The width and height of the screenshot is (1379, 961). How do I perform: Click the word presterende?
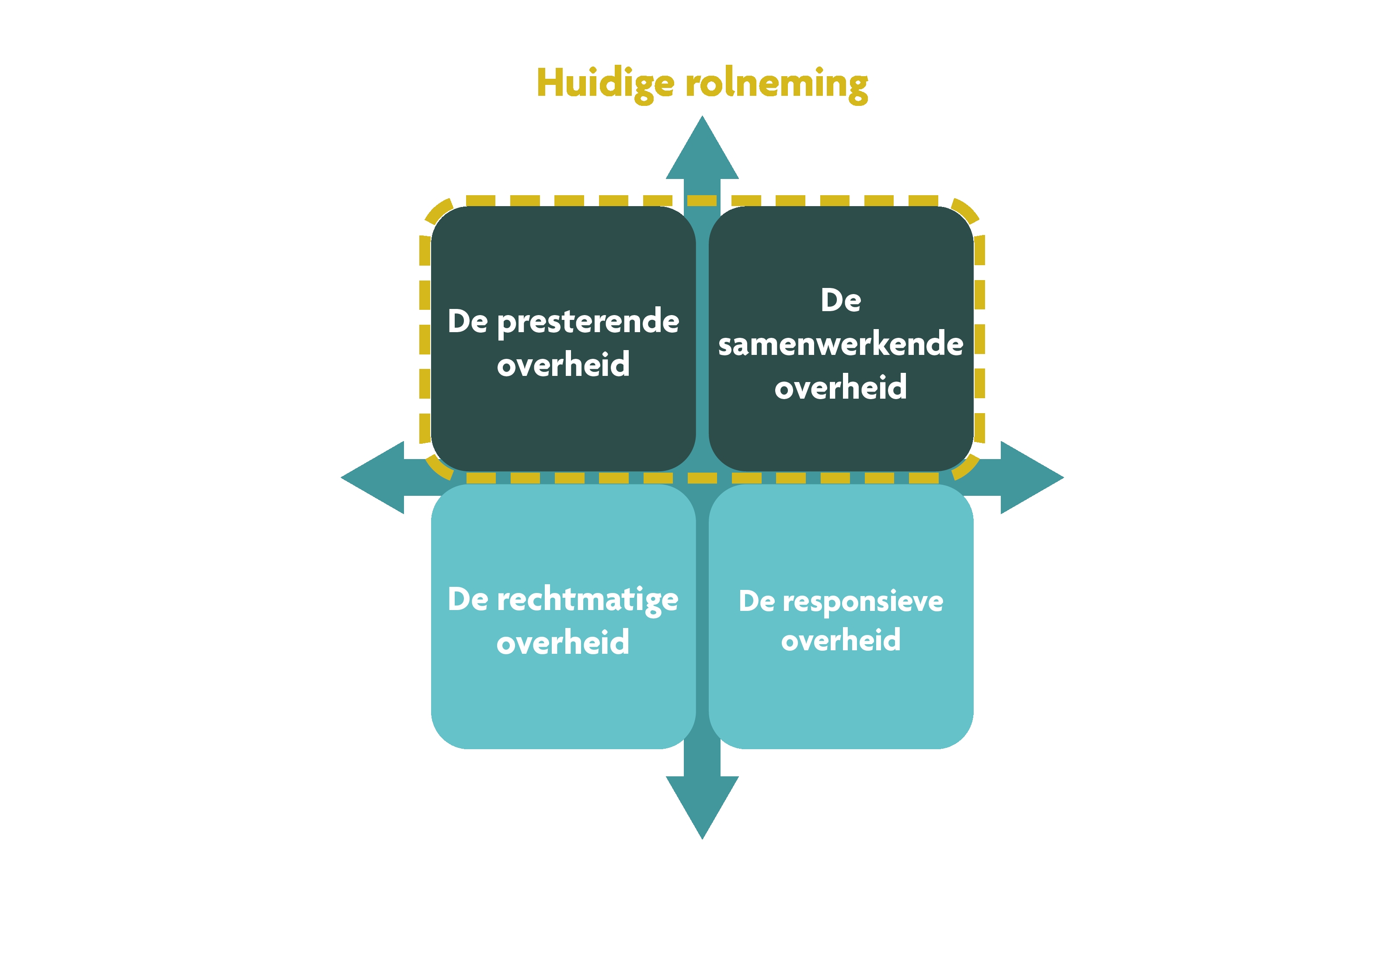click(588, 322)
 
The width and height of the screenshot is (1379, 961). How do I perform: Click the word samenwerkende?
click(840, 344)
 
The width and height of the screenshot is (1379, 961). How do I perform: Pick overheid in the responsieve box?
click(840, 640)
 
